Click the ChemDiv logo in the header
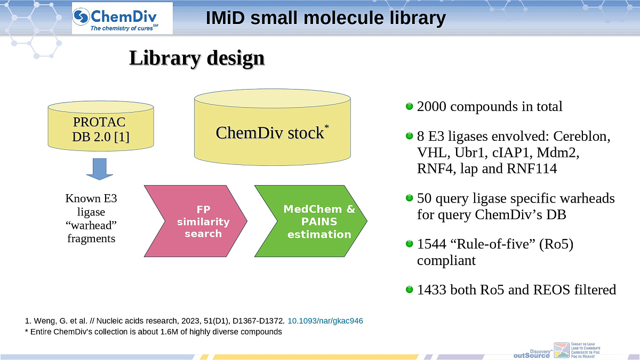tap(122, 19)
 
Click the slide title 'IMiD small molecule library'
tap(325, 18)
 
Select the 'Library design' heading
tap(197, 58)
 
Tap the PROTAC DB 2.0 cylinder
tap(101, 127)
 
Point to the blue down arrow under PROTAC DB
tap(100, 169)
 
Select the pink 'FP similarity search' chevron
tap(196, 220)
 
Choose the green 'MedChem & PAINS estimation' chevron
tap(311, 221)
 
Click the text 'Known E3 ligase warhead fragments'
tap(91, 219)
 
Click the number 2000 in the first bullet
tap(433, 107)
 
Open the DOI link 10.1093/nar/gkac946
tap(325, 321)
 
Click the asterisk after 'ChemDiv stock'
tap(326, 126)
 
